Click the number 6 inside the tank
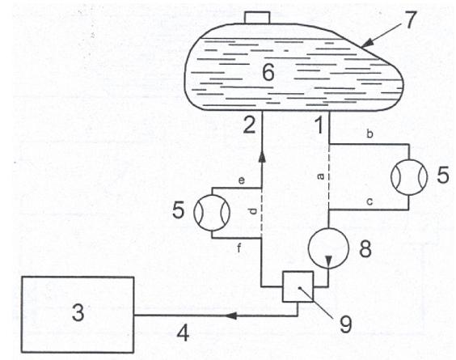268,72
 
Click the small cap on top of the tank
257,18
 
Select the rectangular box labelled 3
78,315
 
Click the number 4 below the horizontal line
183,333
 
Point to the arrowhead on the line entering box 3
231,316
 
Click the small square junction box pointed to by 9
298,286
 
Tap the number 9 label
345,324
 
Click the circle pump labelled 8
328,248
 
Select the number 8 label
365,249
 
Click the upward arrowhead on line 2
262,156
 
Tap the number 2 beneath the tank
249,125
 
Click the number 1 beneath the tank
319,125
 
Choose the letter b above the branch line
369,134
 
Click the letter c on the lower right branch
369,201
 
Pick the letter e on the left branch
242,180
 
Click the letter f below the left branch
239,248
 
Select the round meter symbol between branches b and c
409,177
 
